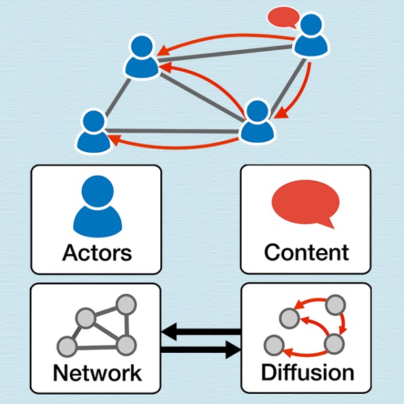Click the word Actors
click(x=96, y=253)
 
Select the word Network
click(x=97, y=372)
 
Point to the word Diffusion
click(x=306, y=372)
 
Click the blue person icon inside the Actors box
click(x=97, y=205)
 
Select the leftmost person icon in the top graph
click(x=92, y=131)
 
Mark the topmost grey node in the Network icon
click(x=124, y=304)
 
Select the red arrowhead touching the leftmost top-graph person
click(x=115, y=139)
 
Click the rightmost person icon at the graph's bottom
click(x=258, y=121)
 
